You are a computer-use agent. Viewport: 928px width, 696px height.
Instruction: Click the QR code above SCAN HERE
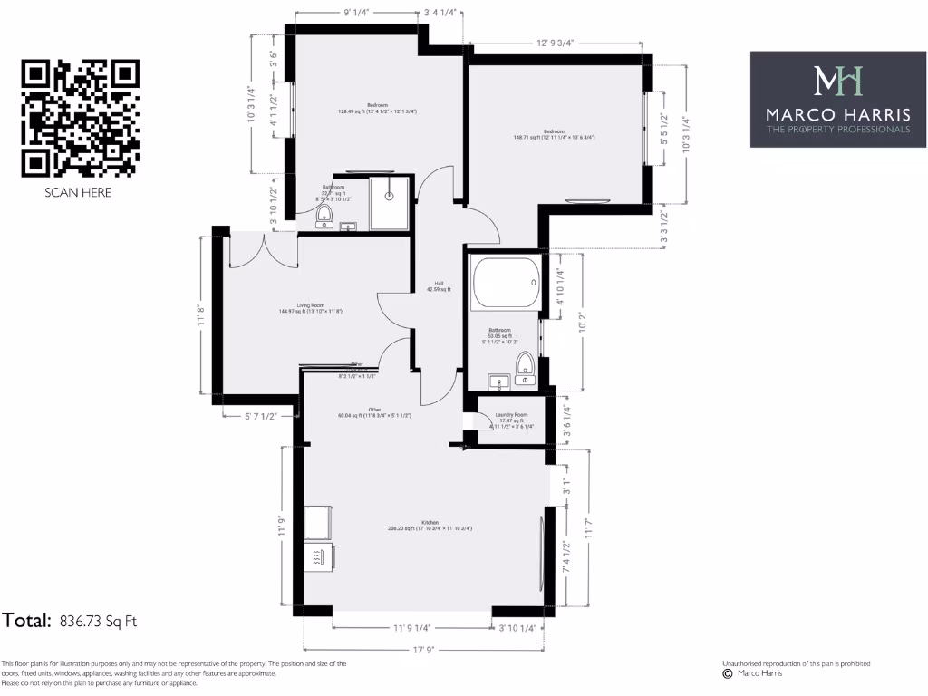pyautogui.click(x=80, y=118)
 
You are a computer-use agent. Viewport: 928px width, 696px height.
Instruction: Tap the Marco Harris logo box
pyautogui.click(x=838, y=100)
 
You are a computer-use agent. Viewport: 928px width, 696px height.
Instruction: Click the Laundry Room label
pyautogui.click(x=510, y=418)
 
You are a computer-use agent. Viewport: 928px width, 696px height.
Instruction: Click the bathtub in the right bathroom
pyautogui.click(x=506, y=285)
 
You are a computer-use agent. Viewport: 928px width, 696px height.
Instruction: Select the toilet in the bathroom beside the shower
pyautogui.click(x=324, y=217)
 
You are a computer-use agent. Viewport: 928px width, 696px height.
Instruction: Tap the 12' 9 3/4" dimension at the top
pyautogui.click(x=556, y=42)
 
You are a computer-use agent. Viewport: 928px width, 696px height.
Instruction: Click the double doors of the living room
pyautogui.click(x=263, y=249)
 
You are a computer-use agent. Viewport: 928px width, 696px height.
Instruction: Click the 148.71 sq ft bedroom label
pyautogui.click(x=555, y=135)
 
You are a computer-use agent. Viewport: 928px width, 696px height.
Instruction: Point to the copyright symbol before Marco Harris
pyautogui.click(x=727, y=673)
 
